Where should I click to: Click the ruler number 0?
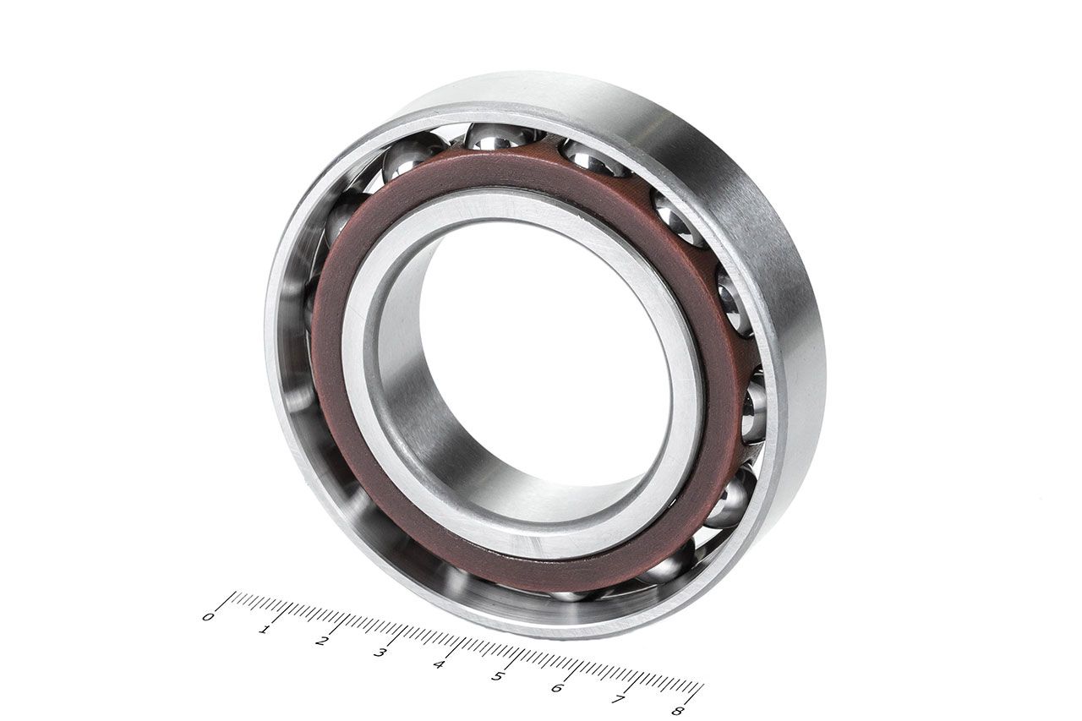(208, 617)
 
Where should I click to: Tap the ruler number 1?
(264, 630)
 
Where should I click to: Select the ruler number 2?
(320, 642)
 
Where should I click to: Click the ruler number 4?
(438, 664)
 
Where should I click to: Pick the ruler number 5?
(497, 676)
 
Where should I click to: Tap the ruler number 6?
(557, 688)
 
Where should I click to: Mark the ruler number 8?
(679, 711)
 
